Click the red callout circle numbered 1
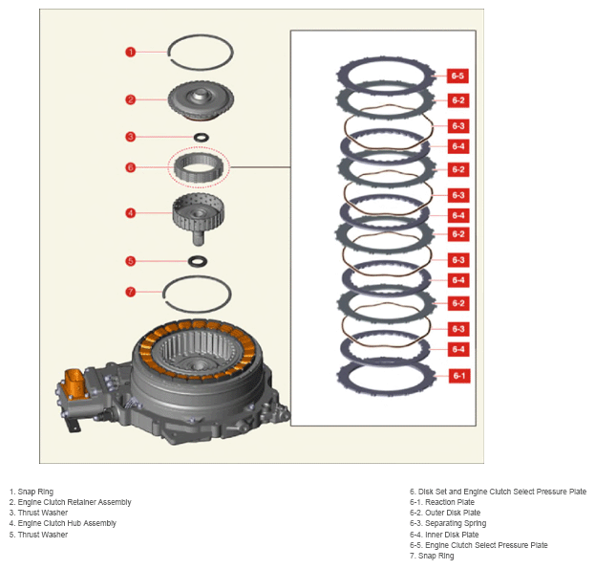pyautogui.click(x=131, y=52)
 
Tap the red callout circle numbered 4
pyautogui.click(x=131, y=213)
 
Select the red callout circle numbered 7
pyautogui.click(x=131, y=292)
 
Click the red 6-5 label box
pyautogui.click(x=457, y=76)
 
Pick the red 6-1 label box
pyautogui.click(x=459, y=376)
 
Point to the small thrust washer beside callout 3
pyautogui.click(x=201, y=137)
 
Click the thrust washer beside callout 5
pyautogui.click(x=198, y=261)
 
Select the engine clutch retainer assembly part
pyautogui.click(x=201, y=101)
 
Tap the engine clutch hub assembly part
pyautogui.click(x=199, y=218)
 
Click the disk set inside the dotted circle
pyautogui.click(x=198, y=167)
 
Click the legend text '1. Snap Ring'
pyautogui.click(x=32, y=492)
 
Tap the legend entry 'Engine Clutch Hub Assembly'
pyautogui.click(x=67, y=523)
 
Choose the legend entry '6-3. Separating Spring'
pyautogui.click(x=448, y=523)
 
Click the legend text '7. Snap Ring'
pyautogui.click(x=432, y=556)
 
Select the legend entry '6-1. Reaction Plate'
pyautogui.click(x=442, y=502)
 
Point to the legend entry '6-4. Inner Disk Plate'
pyautogui.click(x=444, y=535)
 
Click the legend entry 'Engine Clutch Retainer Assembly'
pyautogui.click(x=74, y=502)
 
